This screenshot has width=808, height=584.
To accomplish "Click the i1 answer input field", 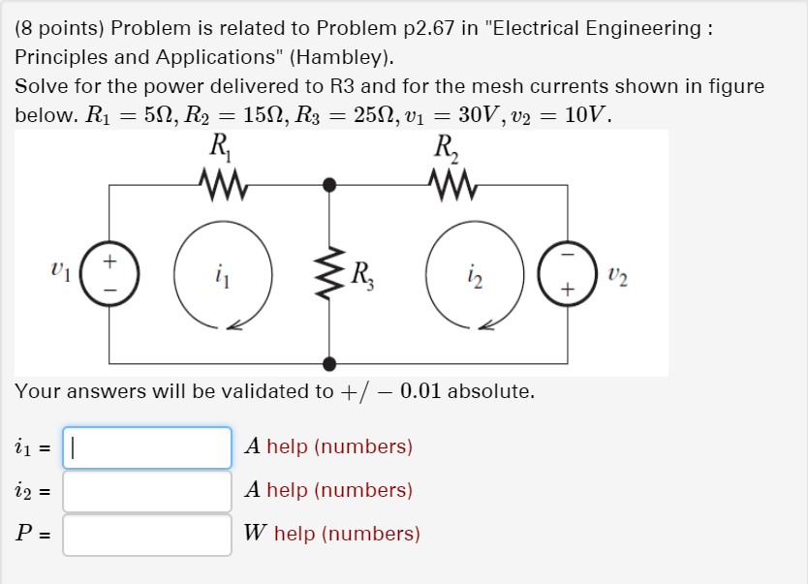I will click(x=147, y=447).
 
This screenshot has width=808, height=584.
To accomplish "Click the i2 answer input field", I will click(x=147, y=491).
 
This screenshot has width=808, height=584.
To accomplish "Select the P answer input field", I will click(x=147, y=535).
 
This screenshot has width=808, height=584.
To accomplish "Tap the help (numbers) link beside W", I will click(x=347, y=534).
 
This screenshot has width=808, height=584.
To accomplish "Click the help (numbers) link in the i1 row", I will click(x=339, y=446).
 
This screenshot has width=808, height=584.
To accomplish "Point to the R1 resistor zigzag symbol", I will click(x=222, y=180).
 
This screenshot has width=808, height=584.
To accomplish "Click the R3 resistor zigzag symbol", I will click(x=330, y=272).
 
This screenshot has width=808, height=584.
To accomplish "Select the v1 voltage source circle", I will click(x=109, y=274).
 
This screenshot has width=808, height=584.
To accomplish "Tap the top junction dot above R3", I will click(x=329, y=183).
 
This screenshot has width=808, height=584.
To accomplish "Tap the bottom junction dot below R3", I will click(x=329, y=363).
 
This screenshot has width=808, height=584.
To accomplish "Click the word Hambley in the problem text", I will click(x=344, y=57).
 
